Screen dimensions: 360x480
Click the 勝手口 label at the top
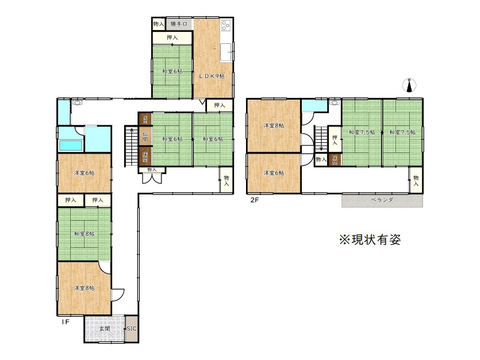coord(179,24)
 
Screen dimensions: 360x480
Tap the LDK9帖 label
coord(212,76)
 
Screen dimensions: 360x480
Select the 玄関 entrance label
coord(104,329)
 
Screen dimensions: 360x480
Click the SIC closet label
coord(131,329)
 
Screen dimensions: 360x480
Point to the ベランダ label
coord(382,199)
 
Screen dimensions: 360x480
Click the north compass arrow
coord(410,86)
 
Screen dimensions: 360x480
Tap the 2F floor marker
coord(254,200)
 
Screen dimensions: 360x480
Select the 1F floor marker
coord(65,322)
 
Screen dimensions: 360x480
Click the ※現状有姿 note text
coord(370,239)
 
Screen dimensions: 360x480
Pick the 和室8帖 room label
coord(84,235)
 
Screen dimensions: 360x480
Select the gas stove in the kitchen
coord(226,26)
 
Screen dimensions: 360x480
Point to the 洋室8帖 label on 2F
coord(274,125)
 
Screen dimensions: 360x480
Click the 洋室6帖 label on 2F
coord(274,173)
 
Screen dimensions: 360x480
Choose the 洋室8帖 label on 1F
coord(84,288)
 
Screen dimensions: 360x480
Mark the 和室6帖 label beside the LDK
coord(172,72)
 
